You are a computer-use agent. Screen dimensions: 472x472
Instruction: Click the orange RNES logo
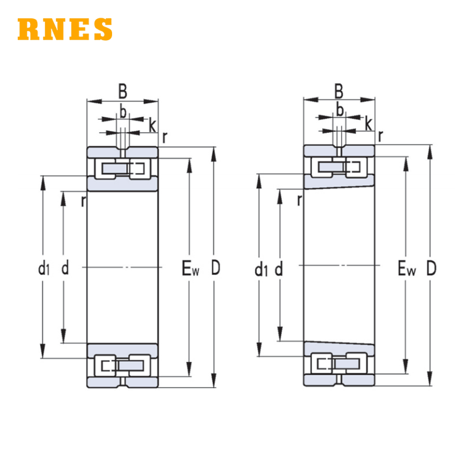65,29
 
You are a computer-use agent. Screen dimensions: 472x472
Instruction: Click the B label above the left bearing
123,91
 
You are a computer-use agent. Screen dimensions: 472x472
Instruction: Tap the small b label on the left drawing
123,112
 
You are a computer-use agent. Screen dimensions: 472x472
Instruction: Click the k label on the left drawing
153,125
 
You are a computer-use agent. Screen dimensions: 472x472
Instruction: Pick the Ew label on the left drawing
190,268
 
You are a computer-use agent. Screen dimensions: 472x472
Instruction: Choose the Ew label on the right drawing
407,268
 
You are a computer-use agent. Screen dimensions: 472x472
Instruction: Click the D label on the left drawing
215,267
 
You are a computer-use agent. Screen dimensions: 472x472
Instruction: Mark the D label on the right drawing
431,268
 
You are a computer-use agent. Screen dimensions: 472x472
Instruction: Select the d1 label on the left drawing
44,268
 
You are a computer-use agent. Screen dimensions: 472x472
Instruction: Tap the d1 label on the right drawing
261,269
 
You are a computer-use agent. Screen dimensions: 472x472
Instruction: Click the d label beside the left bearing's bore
65,267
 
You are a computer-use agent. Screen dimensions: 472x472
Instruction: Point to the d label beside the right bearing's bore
278,268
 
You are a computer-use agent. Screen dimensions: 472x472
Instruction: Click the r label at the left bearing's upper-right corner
165,137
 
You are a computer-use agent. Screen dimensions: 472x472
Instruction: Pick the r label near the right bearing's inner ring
299,200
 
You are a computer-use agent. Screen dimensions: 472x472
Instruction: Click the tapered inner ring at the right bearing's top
339,182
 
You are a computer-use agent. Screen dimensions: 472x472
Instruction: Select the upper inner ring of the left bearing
123,183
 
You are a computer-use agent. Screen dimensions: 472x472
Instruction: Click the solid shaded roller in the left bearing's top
114,169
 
